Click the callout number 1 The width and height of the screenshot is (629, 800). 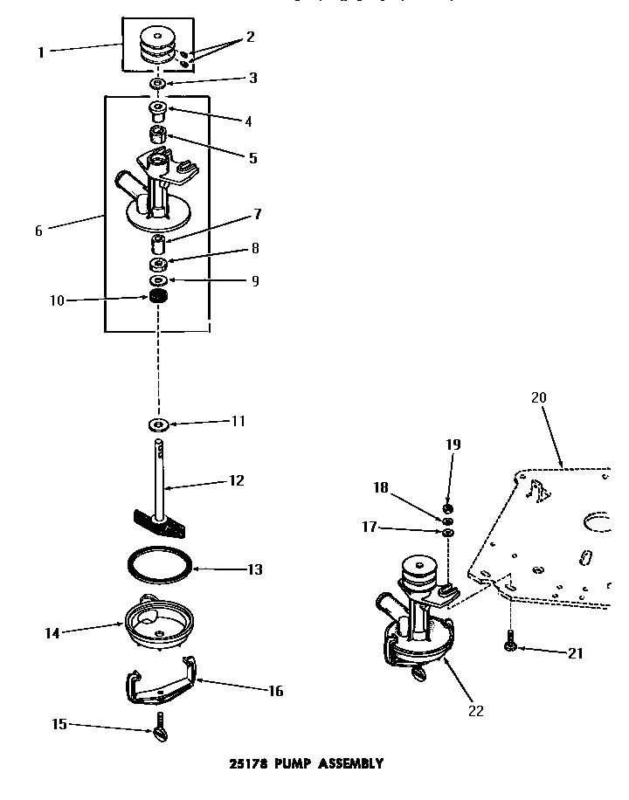40,52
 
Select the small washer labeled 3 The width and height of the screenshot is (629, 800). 158,83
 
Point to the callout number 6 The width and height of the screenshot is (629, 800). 38,231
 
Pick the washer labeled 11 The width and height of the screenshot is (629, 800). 159,425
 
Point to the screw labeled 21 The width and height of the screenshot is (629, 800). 508,645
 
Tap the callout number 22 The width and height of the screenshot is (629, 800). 475,710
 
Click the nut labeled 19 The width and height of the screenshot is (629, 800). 446,508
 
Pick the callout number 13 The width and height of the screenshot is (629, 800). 254,569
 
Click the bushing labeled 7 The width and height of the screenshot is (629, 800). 159,242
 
